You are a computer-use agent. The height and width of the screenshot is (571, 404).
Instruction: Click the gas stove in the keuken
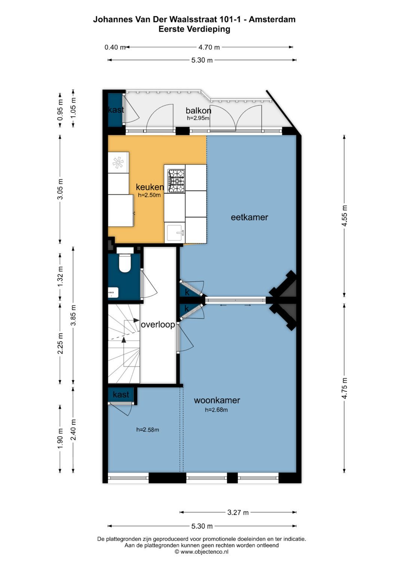pos(176,181)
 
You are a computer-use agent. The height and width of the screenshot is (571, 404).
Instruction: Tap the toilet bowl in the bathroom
pos(124,263)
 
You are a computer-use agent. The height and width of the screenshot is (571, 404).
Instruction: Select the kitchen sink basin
pos(174,233)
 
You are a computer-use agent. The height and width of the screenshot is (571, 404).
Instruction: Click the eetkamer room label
pos(249,217)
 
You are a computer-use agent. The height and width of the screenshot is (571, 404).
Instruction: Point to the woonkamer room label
pos(217,400)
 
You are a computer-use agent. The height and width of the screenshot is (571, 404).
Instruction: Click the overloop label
pos(158,325)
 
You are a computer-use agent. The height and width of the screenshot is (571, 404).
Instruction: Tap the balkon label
pos(198,110)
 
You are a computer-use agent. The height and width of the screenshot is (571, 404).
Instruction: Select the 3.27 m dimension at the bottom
pos(238,512)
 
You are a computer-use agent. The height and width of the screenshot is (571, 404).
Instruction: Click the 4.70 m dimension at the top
pos(209,47)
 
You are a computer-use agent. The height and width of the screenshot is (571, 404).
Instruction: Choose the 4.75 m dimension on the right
pos(345,388)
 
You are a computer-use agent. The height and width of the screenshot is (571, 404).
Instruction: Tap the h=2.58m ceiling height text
pos(147,430)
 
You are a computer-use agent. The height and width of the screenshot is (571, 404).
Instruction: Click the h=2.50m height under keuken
pos(149,195)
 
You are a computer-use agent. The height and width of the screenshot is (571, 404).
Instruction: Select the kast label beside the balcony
pos(116,110)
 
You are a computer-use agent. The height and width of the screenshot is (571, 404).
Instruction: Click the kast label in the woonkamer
pos(121,395)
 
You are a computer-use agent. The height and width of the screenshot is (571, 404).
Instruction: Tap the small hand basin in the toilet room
pos(113,293)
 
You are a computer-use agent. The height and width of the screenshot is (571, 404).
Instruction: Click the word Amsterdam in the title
pos(272,19)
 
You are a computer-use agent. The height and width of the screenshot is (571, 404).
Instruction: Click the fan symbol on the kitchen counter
pos(118,162)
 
